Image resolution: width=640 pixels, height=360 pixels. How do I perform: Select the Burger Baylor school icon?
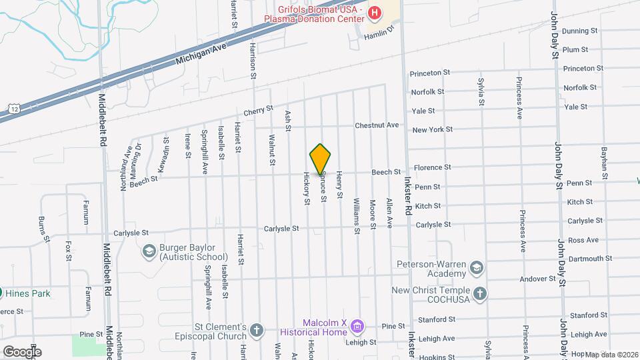click(149, 251)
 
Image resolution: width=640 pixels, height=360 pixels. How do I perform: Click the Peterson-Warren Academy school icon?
click(476, 268)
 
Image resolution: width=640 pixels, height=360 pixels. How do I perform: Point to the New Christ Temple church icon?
click(479, 294)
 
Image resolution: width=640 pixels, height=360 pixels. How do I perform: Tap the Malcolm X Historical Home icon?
click(357, 326)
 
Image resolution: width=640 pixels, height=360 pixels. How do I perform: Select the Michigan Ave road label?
click(201, 52)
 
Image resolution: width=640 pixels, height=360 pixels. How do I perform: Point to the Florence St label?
click(433, 167)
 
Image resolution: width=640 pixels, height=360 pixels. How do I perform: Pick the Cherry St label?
click(259, 109)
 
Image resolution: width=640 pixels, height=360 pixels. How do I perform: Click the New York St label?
click(432, 129)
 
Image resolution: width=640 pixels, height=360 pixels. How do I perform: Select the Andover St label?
click(542, 279)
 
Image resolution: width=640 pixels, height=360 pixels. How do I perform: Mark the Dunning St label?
click(579, 31)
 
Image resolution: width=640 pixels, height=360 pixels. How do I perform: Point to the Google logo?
click(21, 351)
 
